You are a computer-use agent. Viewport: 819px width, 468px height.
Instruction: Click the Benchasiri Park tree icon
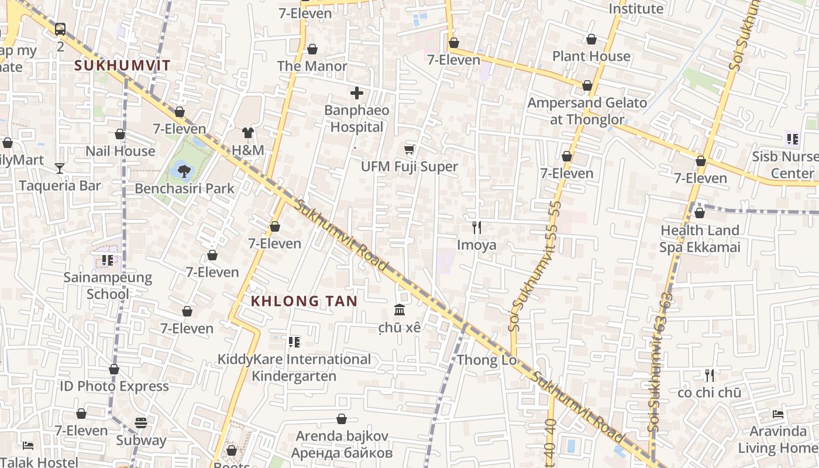(184, 171)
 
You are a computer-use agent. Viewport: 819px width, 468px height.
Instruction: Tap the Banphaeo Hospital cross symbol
(357, 92)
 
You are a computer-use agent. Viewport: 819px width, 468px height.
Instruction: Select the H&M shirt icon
(248, 133)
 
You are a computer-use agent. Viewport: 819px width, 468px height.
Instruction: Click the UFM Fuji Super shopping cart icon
(409, 150)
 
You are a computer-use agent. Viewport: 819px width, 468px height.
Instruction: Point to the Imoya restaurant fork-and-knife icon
(477, 228)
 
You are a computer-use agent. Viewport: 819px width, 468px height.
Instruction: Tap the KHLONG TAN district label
(304, 301)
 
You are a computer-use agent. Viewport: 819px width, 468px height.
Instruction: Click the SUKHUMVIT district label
(122, 66)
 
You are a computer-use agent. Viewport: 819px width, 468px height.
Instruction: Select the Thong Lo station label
(487, 360)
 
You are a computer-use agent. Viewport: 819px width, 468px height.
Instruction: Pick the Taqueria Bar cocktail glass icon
(60, 168)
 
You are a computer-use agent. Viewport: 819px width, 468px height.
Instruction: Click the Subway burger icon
(141, 422)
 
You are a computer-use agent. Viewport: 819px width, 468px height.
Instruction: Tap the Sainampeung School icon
(108, 260)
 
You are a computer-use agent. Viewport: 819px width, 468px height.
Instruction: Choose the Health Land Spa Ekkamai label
(700, 239)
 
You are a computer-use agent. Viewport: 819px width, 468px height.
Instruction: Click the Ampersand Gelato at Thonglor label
(587, 111)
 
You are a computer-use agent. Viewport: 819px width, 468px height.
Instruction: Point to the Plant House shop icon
(591, 39)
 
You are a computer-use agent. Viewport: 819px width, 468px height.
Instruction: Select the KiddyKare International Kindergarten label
(294, 367)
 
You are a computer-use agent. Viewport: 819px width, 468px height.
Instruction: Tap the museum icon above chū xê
(400, 309)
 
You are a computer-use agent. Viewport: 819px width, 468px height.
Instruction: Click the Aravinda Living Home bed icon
(778, 414)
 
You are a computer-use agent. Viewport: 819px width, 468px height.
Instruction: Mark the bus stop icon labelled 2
(60, 29)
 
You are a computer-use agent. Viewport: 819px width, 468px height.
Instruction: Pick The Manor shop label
(312, 66)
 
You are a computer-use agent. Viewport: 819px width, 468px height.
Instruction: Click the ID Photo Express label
(114, 386)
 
